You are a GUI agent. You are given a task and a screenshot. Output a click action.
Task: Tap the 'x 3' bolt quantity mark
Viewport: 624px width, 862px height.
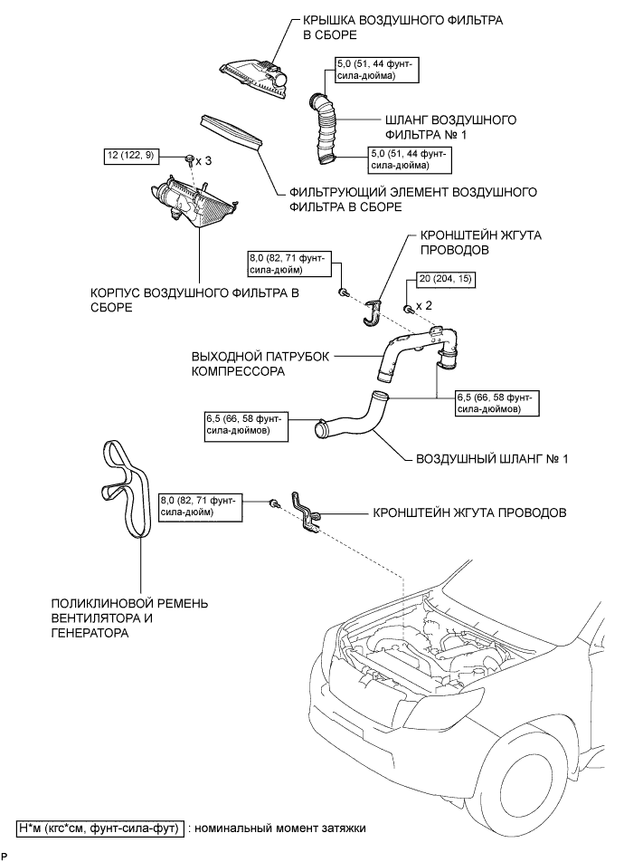point(203,159)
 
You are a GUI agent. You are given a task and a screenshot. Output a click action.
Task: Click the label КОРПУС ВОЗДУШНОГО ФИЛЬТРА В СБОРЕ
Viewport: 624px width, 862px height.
point(194,300)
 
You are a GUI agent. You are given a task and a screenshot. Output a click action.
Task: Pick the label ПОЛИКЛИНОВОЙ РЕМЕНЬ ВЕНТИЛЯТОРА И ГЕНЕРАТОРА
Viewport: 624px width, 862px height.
point(130,618)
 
